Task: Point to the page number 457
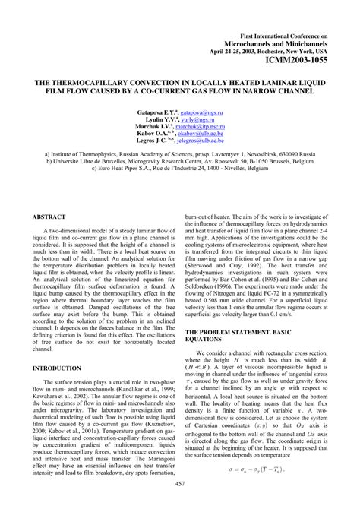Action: click(180, 484)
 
